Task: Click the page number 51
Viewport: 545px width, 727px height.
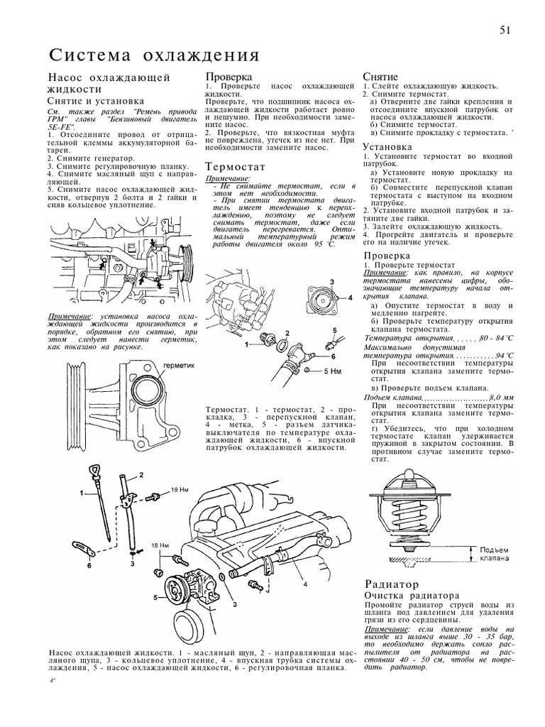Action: pyautogui.click(x=506, y=30)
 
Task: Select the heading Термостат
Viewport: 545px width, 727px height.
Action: pyautogui.click(x=235, y=166)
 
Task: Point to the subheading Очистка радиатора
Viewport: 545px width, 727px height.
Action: pyautogui.click(x=411, y=595)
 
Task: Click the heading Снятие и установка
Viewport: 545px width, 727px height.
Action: pyautogui.click(x=94, y=102)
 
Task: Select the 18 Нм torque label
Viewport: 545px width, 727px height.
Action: pyautogui.click(x=160, y=545)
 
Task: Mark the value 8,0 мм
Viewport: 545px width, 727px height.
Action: pyautogui.click(x=500, y=398)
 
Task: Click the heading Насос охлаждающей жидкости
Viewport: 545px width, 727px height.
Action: pyautogui.click(x=107, y=82)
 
